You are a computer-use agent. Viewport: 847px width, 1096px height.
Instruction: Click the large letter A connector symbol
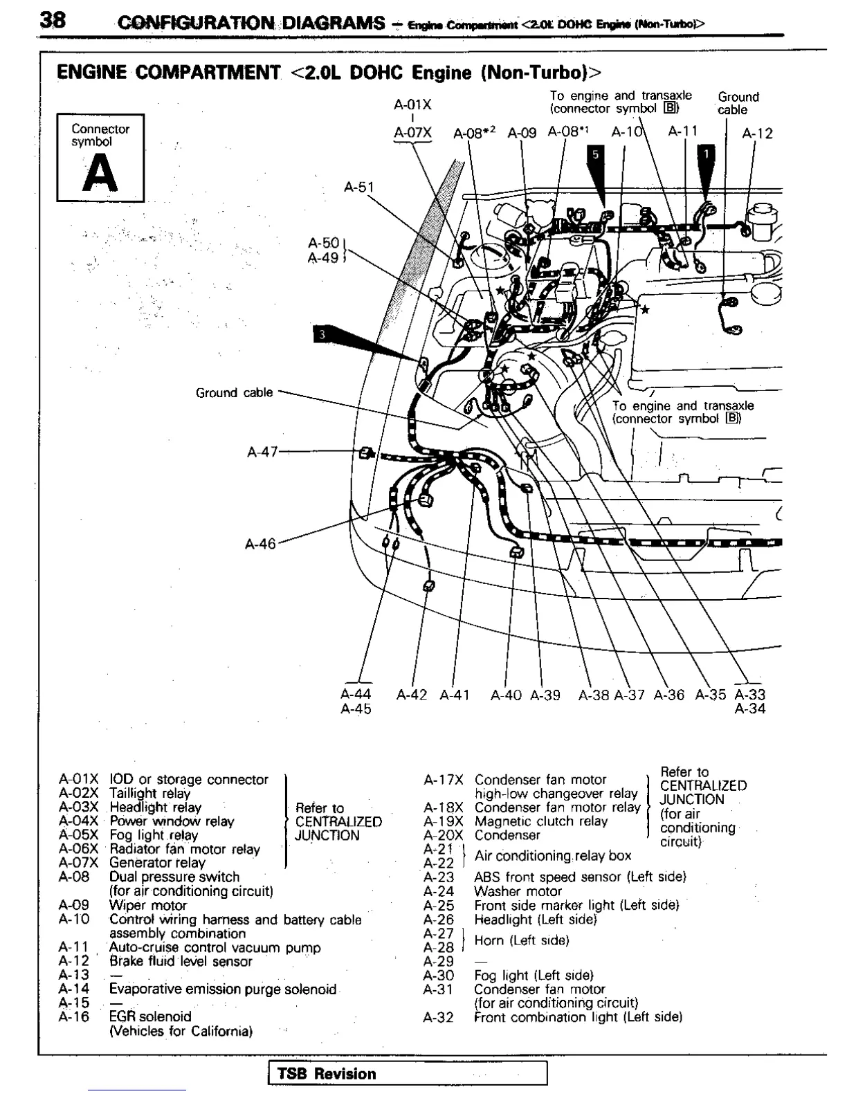pos(100,173)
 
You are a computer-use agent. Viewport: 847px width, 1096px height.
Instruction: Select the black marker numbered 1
pos(707,154)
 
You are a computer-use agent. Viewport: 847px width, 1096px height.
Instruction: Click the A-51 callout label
pos(358,187)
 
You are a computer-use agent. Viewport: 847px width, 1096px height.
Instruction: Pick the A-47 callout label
pos(262,452)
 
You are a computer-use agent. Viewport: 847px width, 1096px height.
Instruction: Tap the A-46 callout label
pos(260,544)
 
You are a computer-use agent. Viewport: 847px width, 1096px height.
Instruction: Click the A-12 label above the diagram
pos(757,134)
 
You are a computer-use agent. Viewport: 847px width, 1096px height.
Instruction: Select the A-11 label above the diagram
pos(683,131)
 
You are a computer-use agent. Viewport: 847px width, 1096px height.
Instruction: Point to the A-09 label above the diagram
pos(522,133)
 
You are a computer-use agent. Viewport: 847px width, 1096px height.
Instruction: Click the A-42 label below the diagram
pos(412,695)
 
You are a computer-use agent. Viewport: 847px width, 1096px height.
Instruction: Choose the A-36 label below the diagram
pos(669,695)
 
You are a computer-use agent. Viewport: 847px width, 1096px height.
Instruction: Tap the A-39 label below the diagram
pos(545,695)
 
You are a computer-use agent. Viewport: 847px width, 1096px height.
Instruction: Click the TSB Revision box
pos(408,1073)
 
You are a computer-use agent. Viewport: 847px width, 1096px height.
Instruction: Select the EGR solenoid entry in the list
pos(150,1016)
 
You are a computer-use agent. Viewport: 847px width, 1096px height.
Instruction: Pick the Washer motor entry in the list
pos(518,891)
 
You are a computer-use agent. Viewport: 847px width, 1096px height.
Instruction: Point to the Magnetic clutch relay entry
pos(540,821)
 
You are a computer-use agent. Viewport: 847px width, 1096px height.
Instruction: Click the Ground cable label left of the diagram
pos(235,392)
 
